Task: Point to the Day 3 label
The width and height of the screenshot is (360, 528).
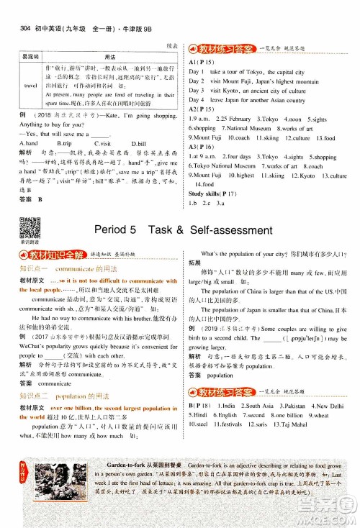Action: click(x=197, y=91)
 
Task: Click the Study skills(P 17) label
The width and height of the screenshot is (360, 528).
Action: click(x=214, y=194)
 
